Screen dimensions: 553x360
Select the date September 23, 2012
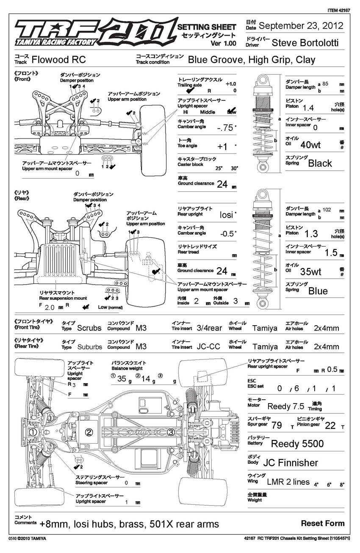pos(301,26)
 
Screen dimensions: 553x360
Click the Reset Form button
pos(323,523)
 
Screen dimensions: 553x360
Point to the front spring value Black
pos(320,163)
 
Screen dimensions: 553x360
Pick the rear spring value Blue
pos(318,291)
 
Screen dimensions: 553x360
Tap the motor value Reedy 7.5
pos(286,406)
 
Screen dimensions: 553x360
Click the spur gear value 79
pos(277,426)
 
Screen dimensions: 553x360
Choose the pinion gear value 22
pos(330,426)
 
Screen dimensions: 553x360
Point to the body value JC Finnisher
pos(290,463)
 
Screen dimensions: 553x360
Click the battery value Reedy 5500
pos(297,444)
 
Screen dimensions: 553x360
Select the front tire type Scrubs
pos(89,328)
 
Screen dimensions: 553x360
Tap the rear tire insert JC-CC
pos(208,346)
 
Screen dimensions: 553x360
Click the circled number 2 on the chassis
pos(89,432)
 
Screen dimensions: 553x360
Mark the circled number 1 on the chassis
pos(32,432)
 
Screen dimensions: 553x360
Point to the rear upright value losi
pos(227,215)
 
